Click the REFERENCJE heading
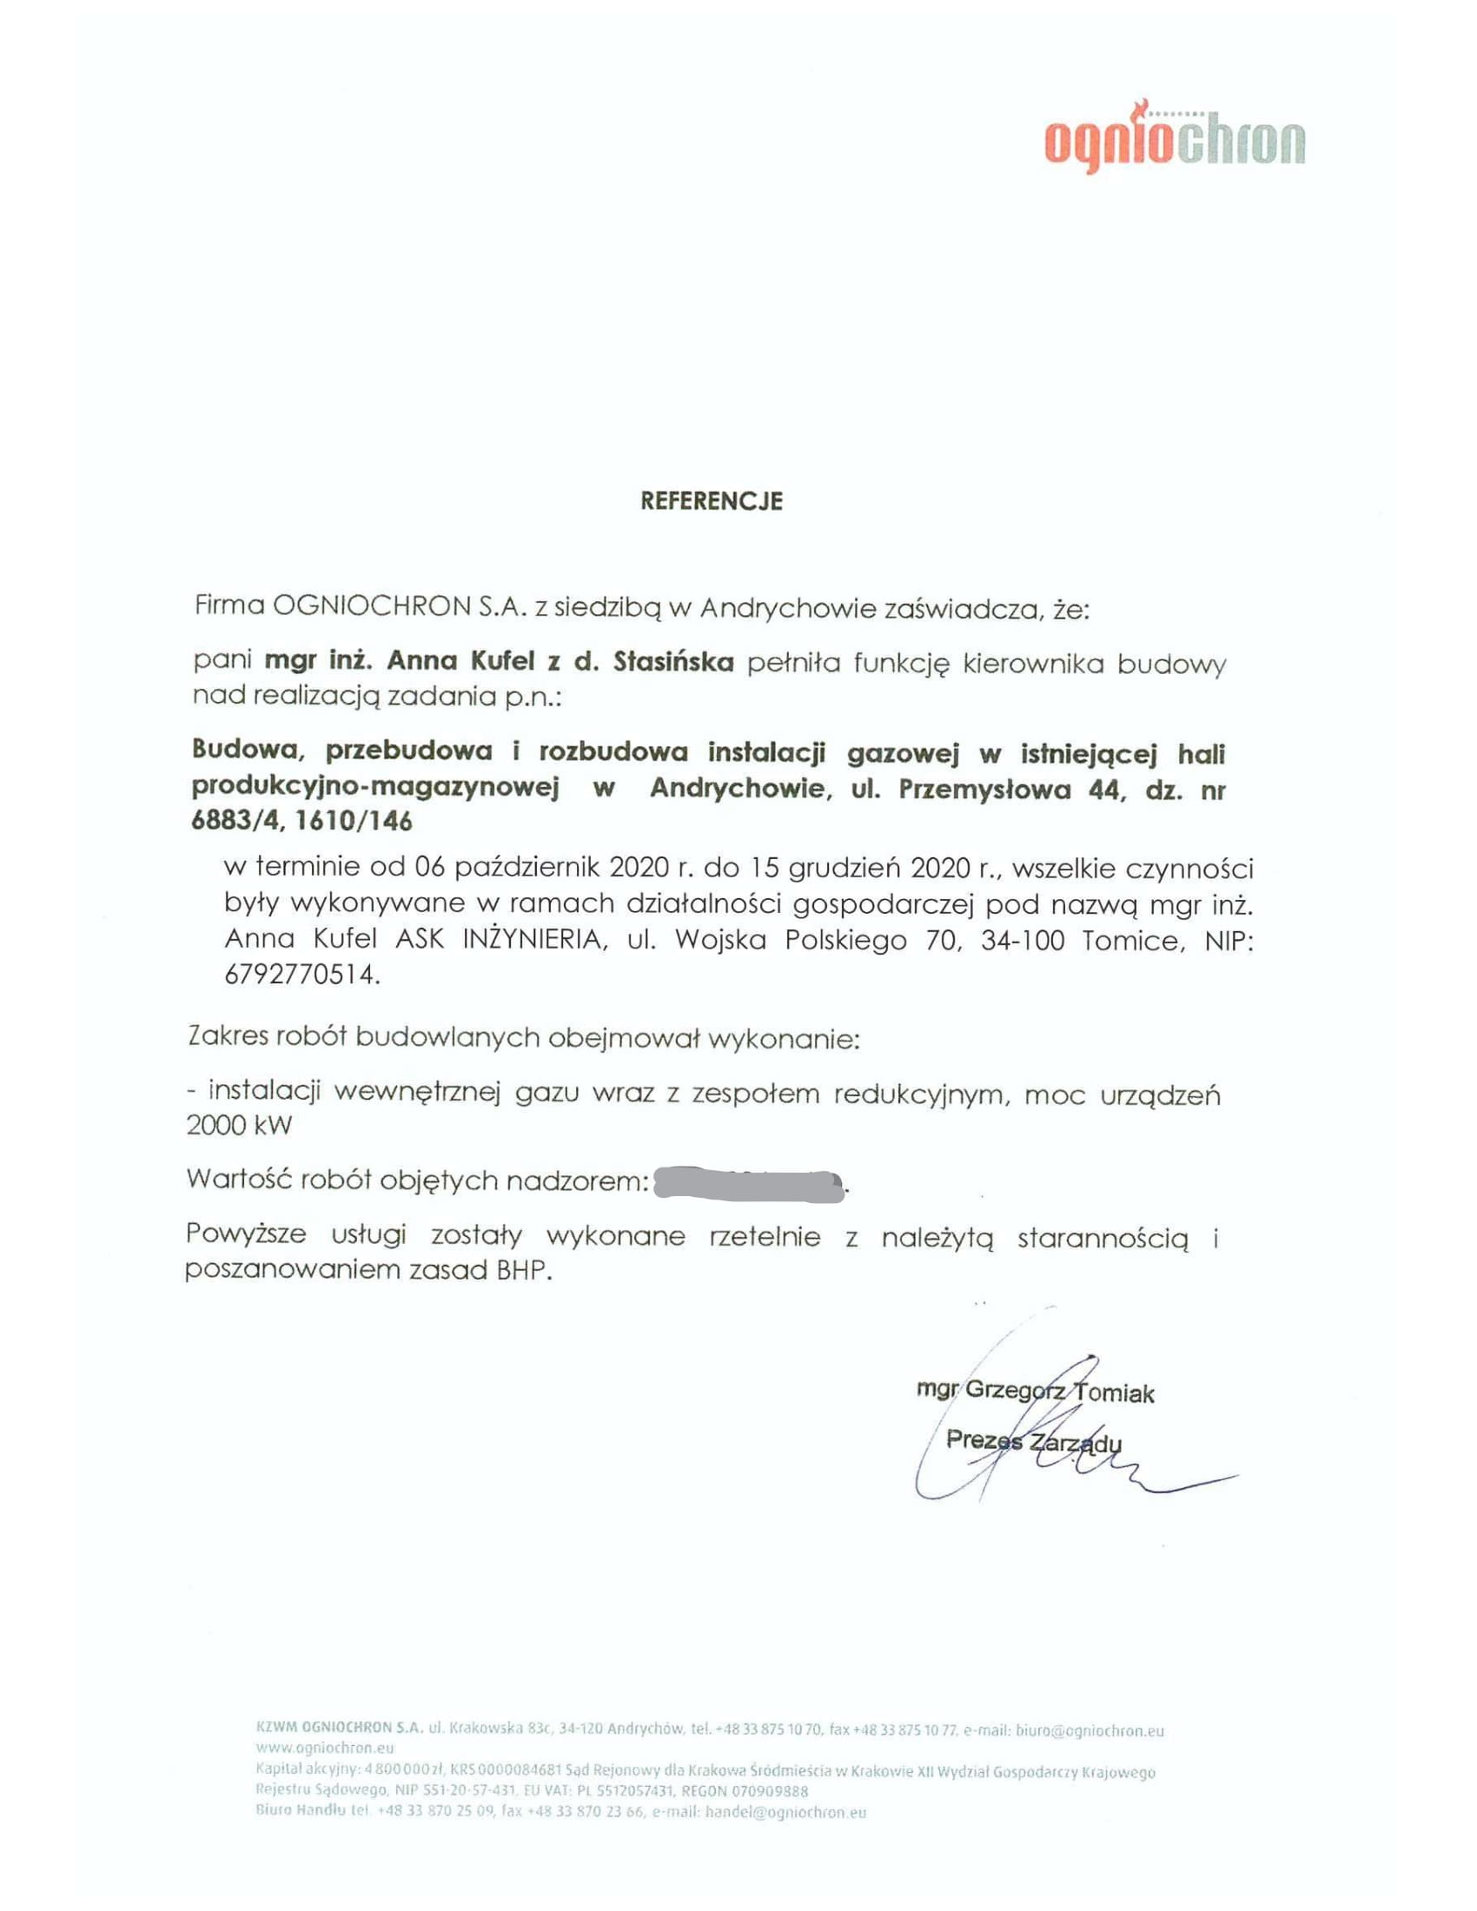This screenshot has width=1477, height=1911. click(712, 501)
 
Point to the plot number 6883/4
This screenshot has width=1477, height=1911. click(229, 823)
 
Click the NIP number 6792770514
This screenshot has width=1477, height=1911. click(301, 975)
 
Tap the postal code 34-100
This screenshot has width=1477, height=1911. click(1022, 941)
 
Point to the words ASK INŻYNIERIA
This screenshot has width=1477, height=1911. click(499, 941)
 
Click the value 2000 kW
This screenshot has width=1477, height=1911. click(239, 1125)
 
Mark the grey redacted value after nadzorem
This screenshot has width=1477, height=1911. click(749, 1184)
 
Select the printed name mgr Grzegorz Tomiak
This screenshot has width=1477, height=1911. click(1034, 1392)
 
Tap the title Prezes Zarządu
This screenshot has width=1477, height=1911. click(1032, 1441)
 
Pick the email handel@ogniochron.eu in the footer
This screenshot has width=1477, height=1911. click(785, 1812)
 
